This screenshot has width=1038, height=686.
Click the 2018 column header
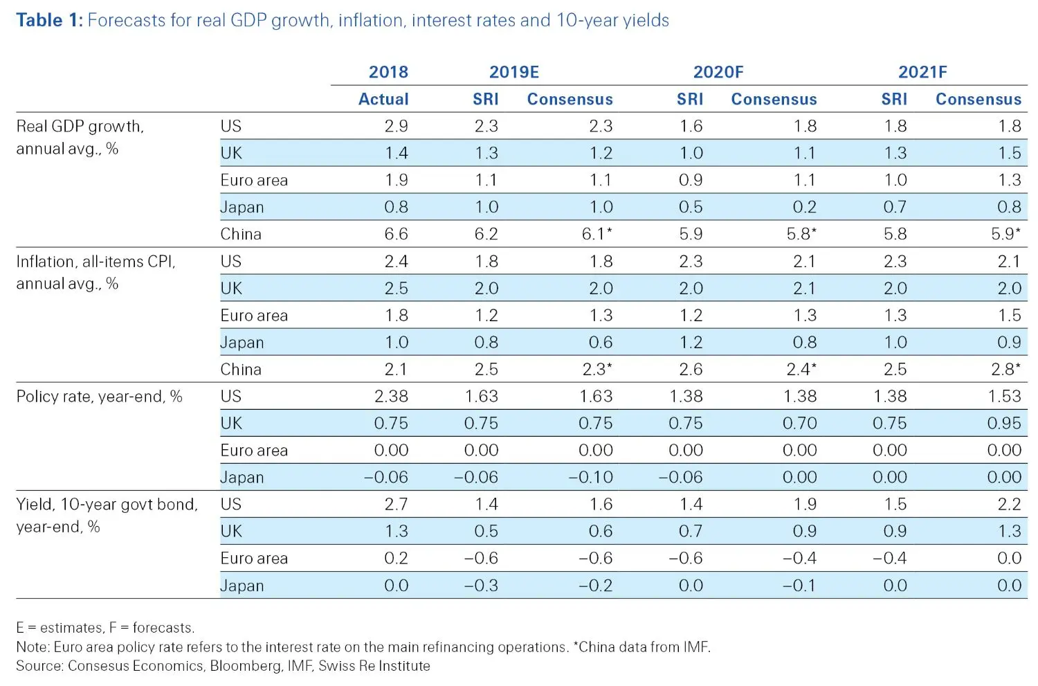point(388,72)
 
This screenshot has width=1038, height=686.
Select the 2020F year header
point(718,72)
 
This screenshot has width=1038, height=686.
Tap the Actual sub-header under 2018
point(383,99)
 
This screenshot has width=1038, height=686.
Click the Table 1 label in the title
point(49,20)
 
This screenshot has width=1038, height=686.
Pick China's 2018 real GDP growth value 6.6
point(396,234)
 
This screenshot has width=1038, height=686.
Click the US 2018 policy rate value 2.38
point(391,396)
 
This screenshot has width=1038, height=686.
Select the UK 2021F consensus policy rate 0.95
point(1003,423)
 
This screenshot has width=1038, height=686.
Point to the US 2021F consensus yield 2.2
point(1009,504)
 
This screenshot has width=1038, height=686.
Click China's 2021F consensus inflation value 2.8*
point(1005,369)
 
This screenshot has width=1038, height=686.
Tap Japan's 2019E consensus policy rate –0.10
point(590,477)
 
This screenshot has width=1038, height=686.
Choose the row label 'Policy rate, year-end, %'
point(99,397)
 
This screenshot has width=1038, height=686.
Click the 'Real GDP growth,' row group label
point(80,127)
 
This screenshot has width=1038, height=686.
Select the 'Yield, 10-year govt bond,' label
point(107,505)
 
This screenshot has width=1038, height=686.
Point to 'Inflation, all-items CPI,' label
point(95,262)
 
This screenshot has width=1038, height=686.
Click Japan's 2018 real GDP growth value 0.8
point(396,207)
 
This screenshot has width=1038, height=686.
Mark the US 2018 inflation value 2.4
point(396,261)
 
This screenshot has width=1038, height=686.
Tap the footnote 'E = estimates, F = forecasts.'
point(105,628)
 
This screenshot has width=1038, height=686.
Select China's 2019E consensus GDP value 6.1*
point(597,234)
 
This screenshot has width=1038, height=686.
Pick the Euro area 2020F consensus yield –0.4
point(799,558)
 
